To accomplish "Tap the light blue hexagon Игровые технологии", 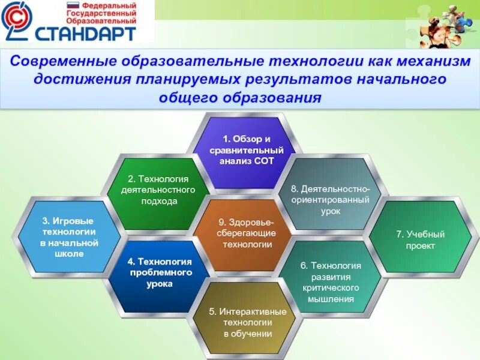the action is click(69, 236).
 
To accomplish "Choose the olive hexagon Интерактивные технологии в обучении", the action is click(247, 319).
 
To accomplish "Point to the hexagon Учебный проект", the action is click(421, 236).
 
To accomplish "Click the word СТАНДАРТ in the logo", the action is click(86, 34).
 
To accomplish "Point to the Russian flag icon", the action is click(73, 5).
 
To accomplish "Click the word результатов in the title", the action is click(299, 79).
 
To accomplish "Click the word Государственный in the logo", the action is click(101, 13).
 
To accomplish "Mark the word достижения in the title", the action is click(82, 79).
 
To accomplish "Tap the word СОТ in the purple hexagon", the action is click(264, 161).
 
